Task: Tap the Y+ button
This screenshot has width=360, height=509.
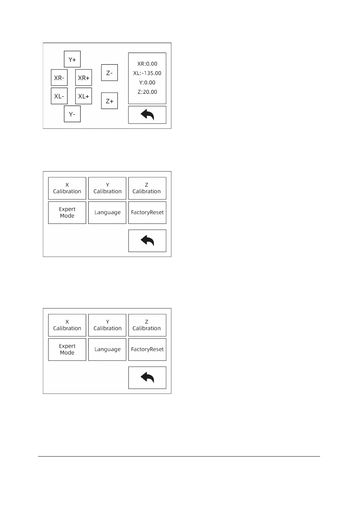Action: coord(72,59)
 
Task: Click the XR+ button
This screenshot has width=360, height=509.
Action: coord(83,78)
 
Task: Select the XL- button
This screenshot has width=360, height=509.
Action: coord(59,96)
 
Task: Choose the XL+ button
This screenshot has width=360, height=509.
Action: coord(83,96)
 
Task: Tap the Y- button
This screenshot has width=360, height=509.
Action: coord(72,114)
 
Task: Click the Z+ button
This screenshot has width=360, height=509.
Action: coord(109,101)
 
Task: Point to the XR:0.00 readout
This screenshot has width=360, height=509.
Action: coord(147,64)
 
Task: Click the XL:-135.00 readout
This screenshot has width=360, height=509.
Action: coord(147,73)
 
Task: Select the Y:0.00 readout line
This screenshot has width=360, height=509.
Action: coord(147,83)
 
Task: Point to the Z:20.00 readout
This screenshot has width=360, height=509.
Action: coord(147,92)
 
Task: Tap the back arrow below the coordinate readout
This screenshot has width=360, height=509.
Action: coord(147,115)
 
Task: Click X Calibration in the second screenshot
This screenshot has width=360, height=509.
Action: coord(67,188)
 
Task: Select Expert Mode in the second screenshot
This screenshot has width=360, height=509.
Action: coord(67,212)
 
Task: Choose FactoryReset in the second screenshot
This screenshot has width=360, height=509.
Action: coord(147,212)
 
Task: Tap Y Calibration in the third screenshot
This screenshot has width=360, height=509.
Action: coord(107,325)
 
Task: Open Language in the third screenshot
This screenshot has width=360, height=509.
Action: coord(107,349)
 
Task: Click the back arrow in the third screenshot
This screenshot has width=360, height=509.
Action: coord(147,378)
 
